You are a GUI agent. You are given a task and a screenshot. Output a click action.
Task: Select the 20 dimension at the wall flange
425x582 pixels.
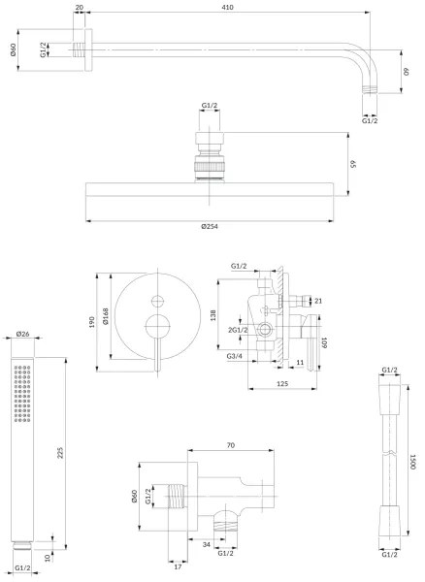[79, 7]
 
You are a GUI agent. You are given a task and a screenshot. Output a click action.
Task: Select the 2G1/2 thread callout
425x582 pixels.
[239, 331]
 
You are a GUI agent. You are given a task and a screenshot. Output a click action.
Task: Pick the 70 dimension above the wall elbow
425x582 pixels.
[230, 445]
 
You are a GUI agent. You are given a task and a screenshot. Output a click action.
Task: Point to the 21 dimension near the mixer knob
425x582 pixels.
[317, 302]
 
